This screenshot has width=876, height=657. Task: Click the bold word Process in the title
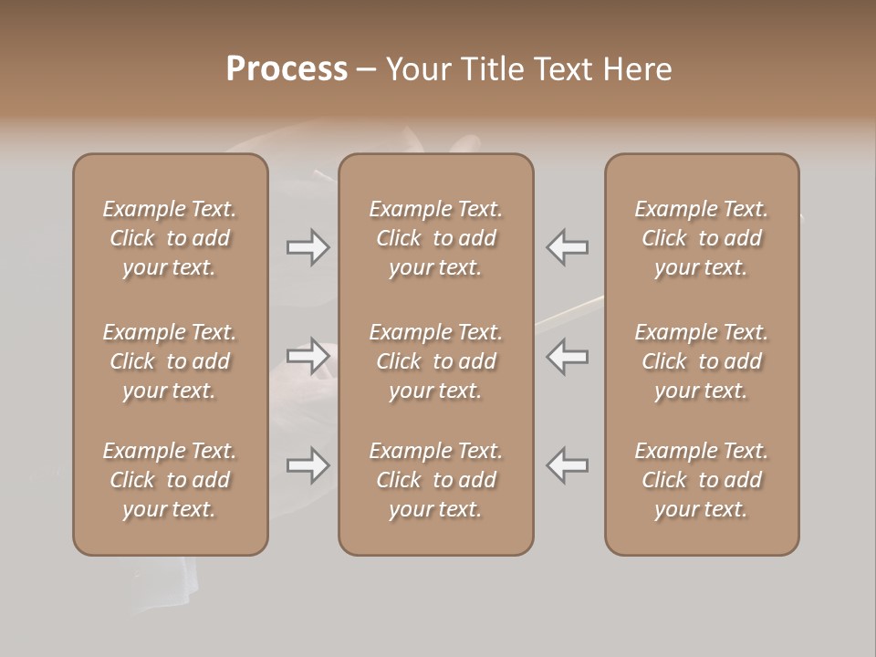coord(287,69)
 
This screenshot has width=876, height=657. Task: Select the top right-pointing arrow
coord(308,247)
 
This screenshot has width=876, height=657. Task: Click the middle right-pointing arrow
coord(308,356)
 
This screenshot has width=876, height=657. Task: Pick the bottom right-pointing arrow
coord(308,465)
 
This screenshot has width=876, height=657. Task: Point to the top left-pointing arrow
coord(567,247)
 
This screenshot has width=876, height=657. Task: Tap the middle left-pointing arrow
coord(567,356)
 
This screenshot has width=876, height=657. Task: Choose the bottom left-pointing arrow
coord(567,465)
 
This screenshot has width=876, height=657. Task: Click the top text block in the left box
coord(170,238)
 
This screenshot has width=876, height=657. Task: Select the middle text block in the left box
coord(170,361)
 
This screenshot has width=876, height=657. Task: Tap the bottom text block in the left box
coord(170,480)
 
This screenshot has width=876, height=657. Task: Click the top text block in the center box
coord(435,238)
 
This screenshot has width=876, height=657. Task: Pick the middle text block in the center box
coord(435,361)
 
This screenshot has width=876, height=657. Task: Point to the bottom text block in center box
coord(435,480)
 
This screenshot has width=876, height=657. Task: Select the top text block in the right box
coord(702,238)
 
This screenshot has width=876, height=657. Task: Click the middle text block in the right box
coord(702,361)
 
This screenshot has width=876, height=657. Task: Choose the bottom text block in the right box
coord(702,480)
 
